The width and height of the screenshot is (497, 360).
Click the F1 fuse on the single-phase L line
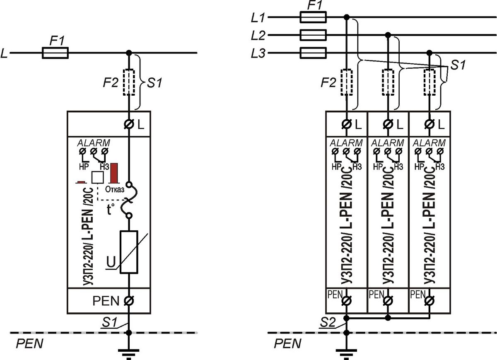[x=55, y=53]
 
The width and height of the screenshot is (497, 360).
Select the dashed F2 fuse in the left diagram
[x=129, y=82]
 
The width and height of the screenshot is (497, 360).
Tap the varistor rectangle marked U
[x=129, y=252]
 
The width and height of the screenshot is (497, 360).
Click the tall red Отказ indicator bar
[x=114, y=173]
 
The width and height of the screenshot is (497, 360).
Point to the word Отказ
[x=114, y=189]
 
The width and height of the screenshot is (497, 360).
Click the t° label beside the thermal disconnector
[x=111, y=209]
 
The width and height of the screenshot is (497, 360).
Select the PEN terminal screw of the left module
[x=129, y=301]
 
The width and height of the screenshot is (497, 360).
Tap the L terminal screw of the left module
[x=129, y=124]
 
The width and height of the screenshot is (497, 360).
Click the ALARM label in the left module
[x=94, y=143]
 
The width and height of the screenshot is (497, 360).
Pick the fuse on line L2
[x=313, y=35]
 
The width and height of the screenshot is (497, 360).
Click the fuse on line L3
[x=313, y=53]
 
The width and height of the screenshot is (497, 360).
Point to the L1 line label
[x=258, y=18]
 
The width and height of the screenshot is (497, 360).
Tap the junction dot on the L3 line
[x=429, y=53]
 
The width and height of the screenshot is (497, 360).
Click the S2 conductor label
[x=328, y=322]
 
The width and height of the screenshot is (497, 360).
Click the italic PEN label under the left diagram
[x=29, y=343]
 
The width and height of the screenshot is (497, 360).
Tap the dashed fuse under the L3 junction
[x=429, y=82]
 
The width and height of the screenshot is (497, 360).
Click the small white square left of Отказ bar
[x=98, y=177]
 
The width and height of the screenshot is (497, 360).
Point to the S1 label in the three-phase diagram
[x=458, y=65]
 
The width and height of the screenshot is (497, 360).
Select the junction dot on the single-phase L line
[x=129, y=53]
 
